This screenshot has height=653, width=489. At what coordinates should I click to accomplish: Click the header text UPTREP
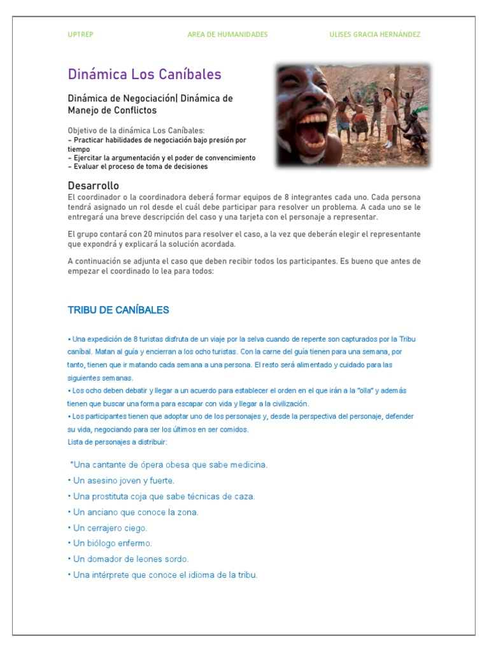pyautogui.click(x=80, y=34)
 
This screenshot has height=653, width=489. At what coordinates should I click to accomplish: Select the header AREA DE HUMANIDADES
pyautogui.click(x=227, y=34)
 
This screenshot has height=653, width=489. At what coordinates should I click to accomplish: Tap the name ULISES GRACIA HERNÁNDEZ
pyautogui.click(x=374, y=34)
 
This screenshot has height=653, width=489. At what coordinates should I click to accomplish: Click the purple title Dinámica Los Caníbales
pyautogui.click(x=145, y=75)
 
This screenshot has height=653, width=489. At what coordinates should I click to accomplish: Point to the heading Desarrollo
pyautogui.click(x=94, y=186)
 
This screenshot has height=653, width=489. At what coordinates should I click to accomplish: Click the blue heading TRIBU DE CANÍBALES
pyautogui.click(x=118, y=310)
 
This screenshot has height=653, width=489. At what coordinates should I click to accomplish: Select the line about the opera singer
pyautogui.click(x=168, y=464)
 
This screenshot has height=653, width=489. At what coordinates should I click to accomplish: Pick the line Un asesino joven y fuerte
pyautogui.click(x=121, y=480)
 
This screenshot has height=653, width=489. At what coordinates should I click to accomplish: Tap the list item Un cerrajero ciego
pyautogui.click(x=108, y=528)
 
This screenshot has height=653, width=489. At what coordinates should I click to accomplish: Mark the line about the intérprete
pyautogui.click(x=162, y=575)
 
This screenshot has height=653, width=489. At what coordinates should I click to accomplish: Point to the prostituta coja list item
pyautogui.click(x=161, y=496)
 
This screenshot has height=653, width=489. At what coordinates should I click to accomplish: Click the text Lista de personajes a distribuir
pyautogui.click(x=118, y=442)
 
